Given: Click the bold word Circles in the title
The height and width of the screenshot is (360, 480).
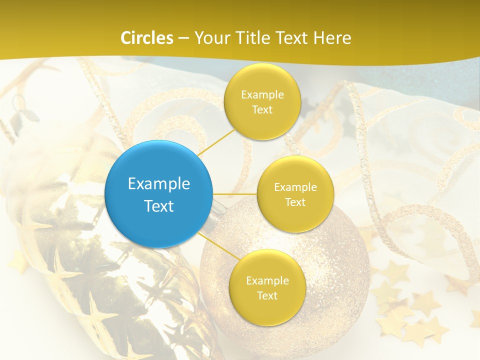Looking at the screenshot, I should [147, 38].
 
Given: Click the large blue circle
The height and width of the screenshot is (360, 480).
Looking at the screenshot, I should [159, 194].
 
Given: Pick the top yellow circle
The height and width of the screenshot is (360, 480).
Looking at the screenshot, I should [262, 101].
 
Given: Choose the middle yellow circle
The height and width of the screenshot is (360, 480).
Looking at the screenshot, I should [295, 194].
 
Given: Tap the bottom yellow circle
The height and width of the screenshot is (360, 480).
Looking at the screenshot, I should [267, 287].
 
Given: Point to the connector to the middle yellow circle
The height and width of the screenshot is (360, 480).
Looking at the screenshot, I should [235, 193].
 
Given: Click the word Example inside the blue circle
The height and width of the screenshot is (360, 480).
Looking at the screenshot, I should [159, 183].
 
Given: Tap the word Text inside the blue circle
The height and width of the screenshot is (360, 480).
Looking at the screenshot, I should [159, 206].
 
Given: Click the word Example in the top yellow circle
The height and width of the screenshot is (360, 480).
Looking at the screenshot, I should [262, 94].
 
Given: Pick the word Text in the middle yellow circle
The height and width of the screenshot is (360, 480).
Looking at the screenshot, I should [295, 202].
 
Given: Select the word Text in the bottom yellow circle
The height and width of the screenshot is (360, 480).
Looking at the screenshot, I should [267, 295].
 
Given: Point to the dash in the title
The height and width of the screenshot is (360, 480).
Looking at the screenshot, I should [183, 38].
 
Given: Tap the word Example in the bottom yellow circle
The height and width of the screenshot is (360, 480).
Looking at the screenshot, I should [267, 280].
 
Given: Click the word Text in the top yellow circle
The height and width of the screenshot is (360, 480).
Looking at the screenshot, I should [262, 109].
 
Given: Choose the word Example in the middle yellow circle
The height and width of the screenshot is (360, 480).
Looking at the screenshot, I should [295, 187].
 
